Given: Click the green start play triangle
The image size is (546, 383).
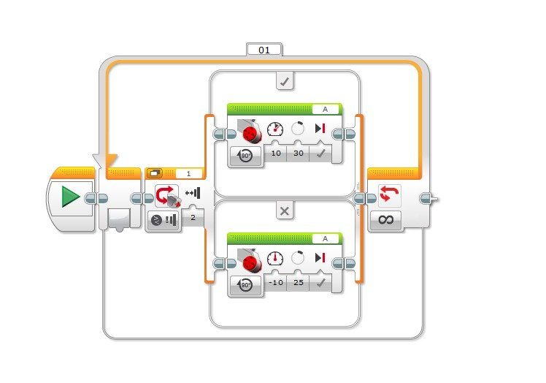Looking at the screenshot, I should pos(70,197).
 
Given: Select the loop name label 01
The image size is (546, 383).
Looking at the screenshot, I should pos(264,50).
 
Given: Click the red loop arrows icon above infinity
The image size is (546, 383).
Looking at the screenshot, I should pos(388,195).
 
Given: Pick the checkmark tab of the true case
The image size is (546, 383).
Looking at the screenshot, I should pos(285,82).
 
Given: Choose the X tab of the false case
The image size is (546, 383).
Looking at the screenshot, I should pos(285,211).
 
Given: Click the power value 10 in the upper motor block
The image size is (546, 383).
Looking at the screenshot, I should pos(276,154).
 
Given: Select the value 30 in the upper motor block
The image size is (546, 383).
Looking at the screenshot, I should pos(298,154).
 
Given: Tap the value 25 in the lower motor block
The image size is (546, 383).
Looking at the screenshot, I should pos(298,283).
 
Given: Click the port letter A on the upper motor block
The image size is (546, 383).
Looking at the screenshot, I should pos(326,110).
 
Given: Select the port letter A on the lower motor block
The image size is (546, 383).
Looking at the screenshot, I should pos(326,238).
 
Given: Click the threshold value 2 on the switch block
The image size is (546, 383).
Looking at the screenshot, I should pos(193,217).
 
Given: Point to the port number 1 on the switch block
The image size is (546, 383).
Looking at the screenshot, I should pos(188,174).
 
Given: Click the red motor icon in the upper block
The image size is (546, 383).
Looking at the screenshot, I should pos(251,132).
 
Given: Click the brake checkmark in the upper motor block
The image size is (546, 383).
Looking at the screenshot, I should pos(320,154).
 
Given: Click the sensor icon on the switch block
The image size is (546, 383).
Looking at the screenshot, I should pos(168,196).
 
